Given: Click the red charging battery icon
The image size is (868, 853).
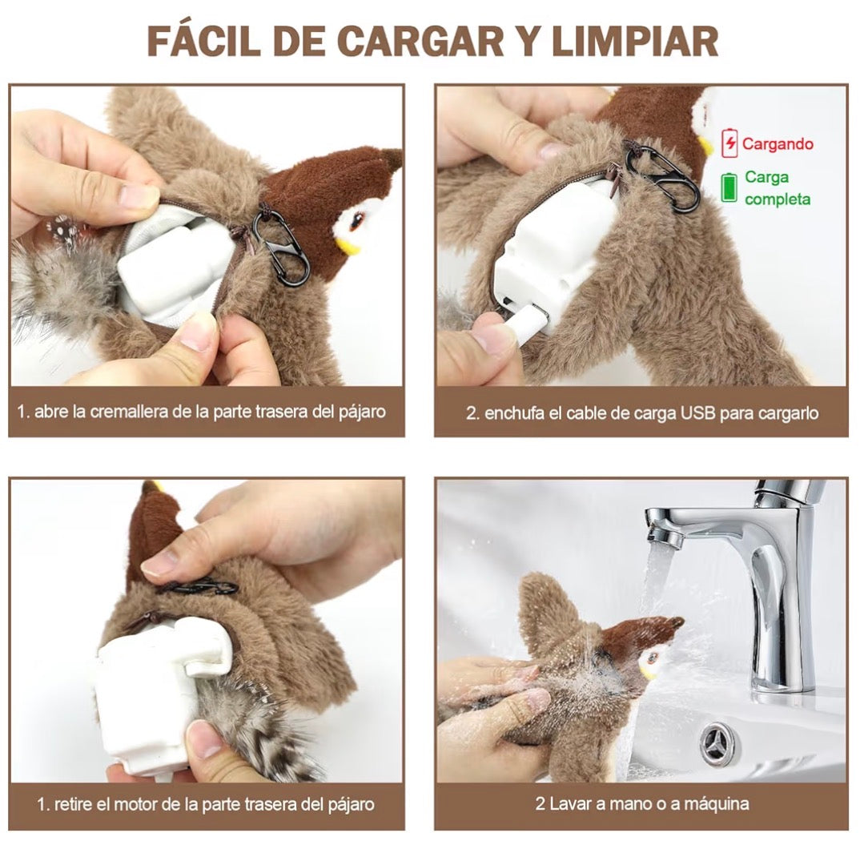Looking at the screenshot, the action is tap(729, 143).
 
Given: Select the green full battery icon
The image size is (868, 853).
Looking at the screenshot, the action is tap(729, 187).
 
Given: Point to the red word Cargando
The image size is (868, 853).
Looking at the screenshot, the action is tap(778, 144).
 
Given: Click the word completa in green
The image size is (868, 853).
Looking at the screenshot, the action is tap(778, 199).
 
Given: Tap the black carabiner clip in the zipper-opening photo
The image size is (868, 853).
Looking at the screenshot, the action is tap(281, 247).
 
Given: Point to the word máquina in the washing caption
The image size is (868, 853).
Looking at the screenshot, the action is tap(717, 803).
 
